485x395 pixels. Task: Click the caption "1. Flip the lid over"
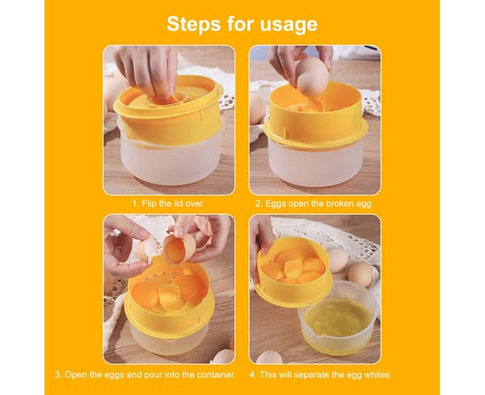pos(168,204)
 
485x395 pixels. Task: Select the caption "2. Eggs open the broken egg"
pos(314,204)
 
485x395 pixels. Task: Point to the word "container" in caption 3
pos(216,375)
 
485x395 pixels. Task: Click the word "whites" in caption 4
pos(377,375)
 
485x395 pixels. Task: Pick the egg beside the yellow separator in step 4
pos(338,260)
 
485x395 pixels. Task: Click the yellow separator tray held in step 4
pos(293,272)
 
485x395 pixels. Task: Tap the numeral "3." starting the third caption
pos(58,375)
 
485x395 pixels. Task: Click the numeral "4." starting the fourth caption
pos(253,375)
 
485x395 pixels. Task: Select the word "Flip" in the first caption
pos(149,204)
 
